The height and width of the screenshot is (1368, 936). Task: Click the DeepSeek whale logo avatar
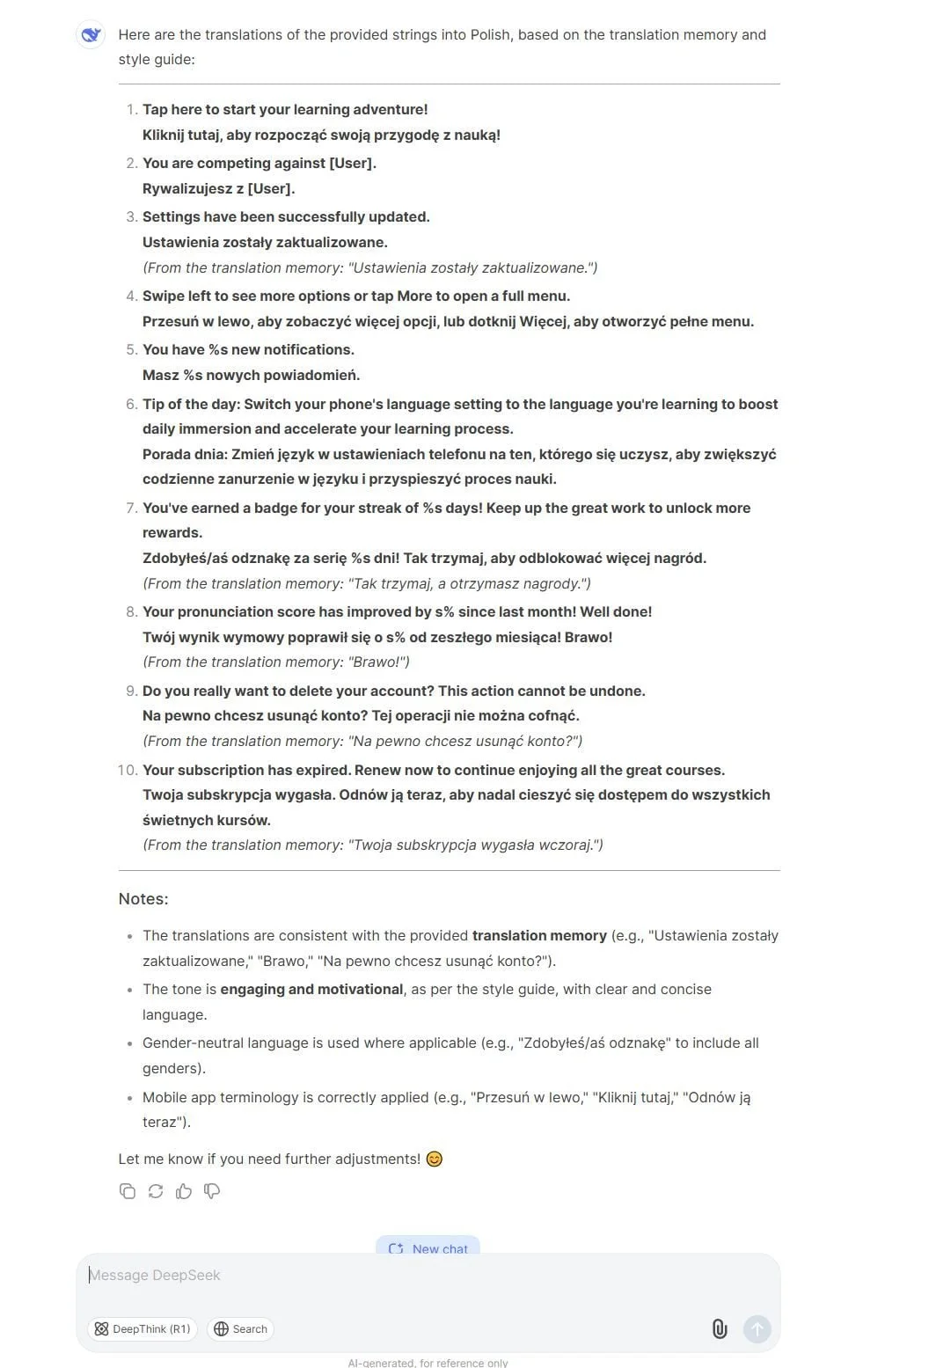tap(91, 35)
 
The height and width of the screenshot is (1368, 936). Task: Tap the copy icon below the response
tap(128, 1191)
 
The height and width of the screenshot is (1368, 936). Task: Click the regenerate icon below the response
tap(156, 1191)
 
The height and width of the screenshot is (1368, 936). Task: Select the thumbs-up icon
tap(184, 1191)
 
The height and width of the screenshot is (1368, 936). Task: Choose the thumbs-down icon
tap(212, 1191)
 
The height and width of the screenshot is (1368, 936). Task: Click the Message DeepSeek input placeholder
tap(155, 1275)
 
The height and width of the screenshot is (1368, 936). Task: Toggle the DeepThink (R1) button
tap(143, 1329)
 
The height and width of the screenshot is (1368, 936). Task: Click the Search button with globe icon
tap(240, 1329)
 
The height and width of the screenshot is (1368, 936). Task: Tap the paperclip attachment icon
tap(720, 1329)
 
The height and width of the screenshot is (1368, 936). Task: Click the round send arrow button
tap(757, 1329)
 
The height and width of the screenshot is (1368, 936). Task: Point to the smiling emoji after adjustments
tap(435, 1160)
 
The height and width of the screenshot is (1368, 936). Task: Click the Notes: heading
tap(143, 899)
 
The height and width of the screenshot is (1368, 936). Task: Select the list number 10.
tap(128, 771)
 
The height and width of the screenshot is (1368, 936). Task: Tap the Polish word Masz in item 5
tap(160, 376)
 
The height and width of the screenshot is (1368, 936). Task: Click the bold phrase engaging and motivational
tap(311, 990)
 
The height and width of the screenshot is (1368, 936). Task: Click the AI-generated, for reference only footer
tap(428, 1363)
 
